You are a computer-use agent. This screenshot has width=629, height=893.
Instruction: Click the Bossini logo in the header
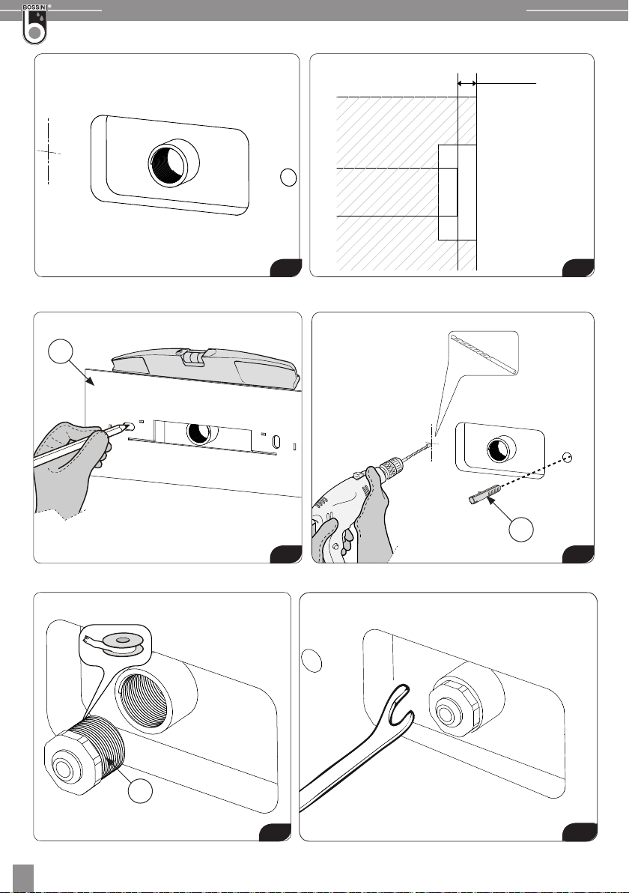tap(34, 24)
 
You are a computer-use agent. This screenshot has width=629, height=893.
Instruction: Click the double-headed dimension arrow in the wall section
tap(467, 84)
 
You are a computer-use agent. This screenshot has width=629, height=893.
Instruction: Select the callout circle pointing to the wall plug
tap(521, 529)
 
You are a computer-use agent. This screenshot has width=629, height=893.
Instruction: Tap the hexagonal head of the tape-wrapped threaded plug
tap(67, 761)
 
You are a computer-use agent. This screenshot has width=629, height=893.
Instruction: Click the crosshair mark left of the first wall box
tap(49, 151)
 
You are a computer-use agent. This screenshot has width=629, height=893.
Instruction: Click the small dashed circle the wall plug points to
tap(566, 457)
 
